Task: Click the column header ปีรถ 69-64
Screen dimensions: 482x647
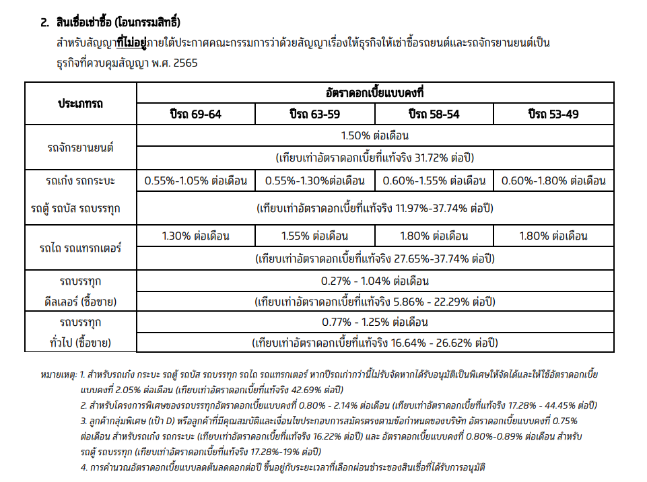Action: pos(195,114)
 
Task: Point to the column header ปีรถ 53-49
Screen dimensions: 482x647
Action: pos(553,114)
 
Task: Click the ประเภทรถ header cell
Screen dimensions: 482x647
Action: pos(80,104)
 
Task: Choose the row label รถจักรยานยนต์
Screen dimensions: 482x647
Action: pos(80,147)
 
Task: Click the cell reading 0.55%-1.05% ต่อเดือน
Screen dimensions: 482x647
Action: pos(195,180)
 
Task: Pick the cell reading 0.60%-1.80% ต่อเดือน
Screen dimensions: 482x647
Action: pos(553,180)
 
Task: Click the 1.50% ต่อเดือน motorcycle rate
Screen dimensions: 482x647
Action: pos(375,135)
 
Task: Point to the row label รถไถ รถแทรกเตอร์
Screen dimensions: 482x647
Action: pos(80,247)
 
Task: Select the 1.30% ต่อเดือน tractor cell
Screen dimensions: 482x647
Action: pos(195,236)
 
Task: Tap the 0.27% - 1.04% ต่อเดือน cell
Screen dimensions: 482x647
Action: pos(375,281)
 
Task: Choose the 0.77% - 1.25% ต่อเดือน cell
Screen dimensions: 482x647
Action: pos(375,322)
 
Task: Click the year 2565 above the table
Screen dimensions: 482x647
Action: pos(184,63)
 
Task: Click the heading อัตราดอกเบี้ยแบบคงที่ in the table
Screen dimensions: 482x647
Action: pos(375,92)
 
